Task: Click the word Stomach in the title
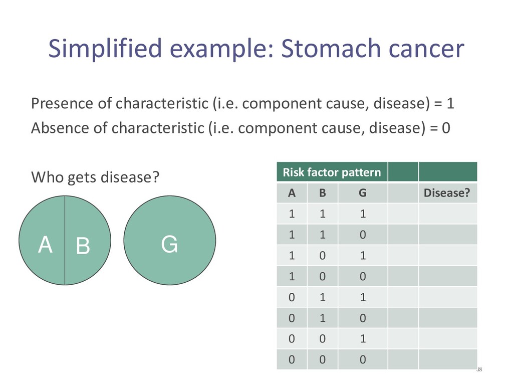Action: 331,48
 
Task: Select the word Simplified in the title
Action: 105,48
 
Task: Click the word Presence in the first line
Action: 62,103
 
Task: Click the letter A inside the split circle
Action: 45,245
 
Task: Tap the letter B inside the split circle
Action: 83,246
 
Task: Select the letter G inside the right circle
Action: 169,244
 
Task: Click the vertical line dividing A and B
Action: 65,240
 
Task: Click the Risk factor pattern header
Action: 332,172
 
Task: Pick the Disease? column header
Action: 446,193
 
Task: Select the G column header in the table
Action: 363,193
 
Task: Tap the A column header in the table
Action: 292,193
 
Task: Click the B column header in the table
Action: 322,193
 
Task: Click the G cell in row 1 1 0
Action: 363,235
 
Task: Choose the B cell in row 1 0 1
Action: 322,255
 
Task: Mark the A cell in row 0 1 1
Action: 292,297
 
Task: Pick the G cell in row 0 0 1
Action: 363,338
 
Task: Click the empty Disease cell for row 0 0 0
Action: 447,359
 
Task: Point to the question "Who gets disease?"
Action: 95,177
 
